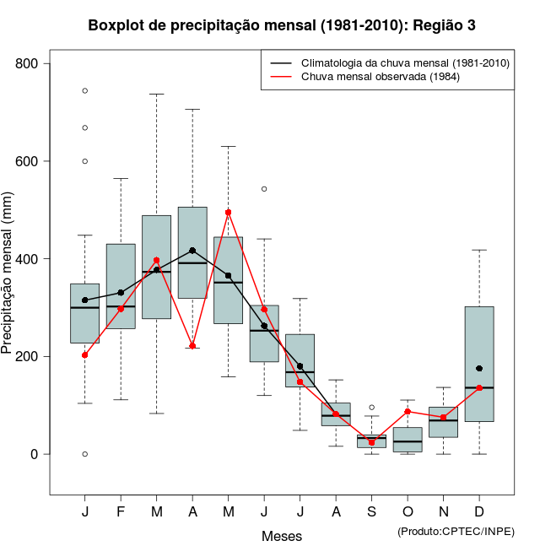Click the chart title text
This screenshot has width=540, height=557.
point(282,25)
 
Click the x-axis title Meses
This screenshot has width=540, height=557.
point(282,536)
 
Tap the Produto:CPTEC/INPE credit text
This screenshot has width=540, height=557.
point(456,531)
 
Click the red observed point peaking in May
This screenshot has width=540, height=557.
point(229,213)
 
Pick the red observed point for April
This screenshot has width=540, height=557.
point(192,346)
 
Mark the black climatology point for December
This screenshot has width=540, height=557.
point(479,369)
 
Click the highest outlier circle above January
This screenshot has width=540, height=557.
point(85,90)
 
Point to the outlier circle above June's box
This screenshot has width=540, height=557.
point(264,189)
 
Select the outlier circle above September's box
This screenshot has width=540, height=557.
point(371,408)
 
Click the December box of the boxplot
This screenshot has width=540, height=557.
point(479,338)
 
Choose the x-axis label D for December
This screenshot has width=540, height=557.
point(479,512)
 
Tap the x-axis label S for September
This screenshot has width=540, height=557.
point(371,512)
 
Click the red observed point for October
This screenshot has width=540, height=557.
point(408,412)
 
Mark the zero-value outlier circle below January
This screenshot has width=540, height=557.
point(85,454)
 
